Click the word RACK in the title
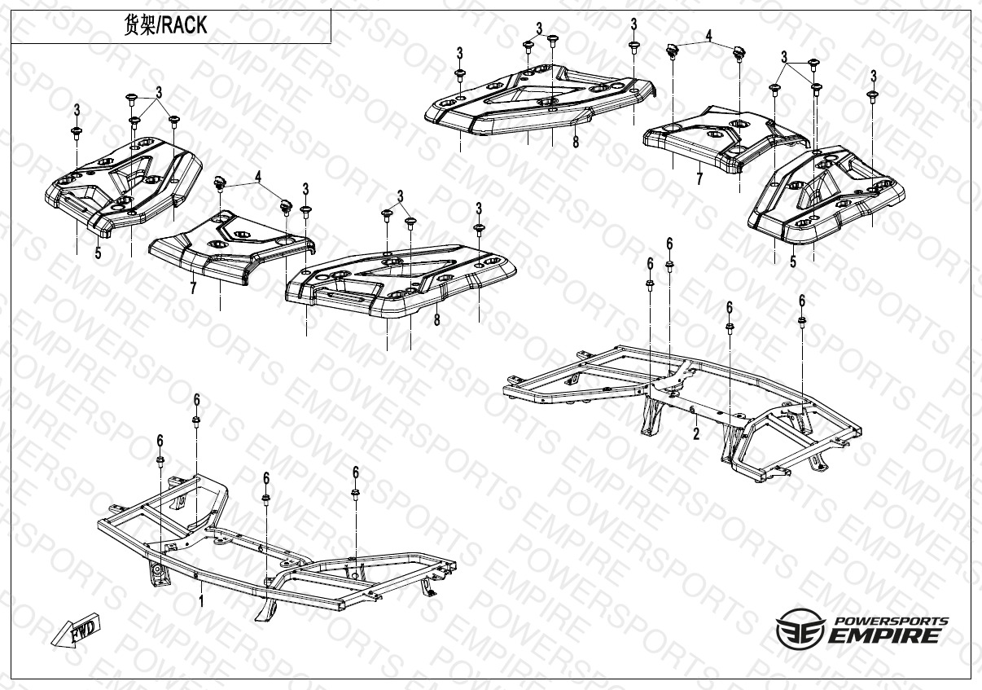click(185, 25)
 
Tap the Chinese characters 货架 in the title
click(137, 25)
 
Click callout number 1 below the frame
click(201, 601)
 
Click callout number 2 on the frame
click(696, 433)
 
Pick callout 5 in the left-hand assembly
click(98, 253)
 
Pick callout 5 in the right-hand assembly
click(792, 262)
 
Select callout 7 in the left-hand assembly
click(193, 288)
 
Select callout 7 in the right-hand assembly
click(699, 179)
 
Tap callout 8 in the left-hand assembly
click(436, 320)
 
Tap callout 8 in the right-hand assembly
click(576, 143)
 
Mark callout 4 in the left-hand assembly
click(258, 176)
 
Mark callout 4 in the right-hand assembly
click(708, 37)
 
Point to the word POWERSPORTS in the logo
click(889, 620)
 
